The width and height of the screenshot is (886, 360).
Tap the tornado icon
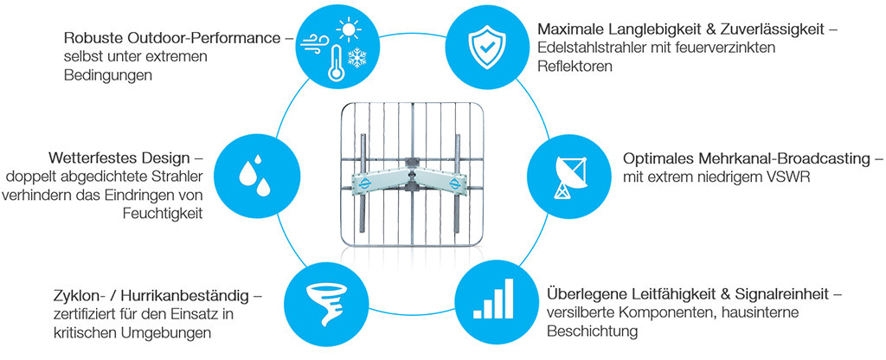coord(327,299)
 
